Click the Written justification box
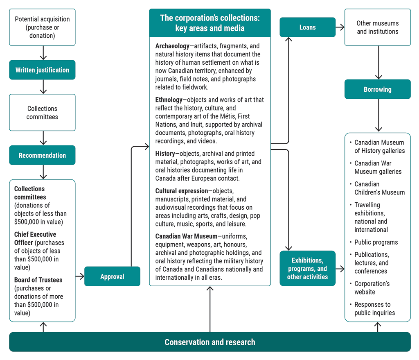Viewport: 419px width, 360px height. coord(42,70)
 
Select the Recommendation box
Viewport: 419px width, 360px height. coord(42,155)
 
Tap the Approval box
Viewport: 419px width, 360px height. coord(112,276)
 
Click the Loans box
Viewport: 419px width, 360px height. coord(307,27)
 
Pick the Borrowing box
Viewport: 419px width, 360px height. coord(377,89)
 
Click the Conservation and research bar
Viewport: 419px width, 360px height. coord(209,342)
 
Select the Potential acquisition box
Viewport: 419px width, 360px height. coord(42,27)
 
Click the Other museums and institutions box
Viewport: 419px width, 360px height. coord(377,27)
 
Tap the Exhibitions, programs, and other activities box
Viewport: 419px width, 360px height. coord(307,269)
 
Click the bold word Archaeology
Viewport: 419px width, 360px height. coord(172,46)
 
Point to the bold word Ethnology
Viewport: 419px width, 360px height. coord(169,100)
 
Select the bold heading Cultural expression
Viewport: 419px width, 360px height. coord(182,191)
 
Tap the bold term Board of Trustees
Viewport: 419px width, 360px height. coord(38,280)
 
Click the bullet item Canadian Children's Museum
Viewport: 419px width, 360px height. coord(379,188)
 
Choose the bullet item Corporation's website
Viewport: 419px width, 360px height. coord(372,288)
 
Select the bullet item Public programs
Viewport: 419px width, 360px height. coord(376,242)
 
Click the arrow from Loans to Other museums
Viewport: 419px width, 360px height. coord(340,27)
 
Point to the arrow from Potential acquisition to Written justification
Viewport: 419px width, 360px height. coord(43,53)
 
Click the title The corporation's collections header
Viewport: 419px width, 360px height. coord(209,23)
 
